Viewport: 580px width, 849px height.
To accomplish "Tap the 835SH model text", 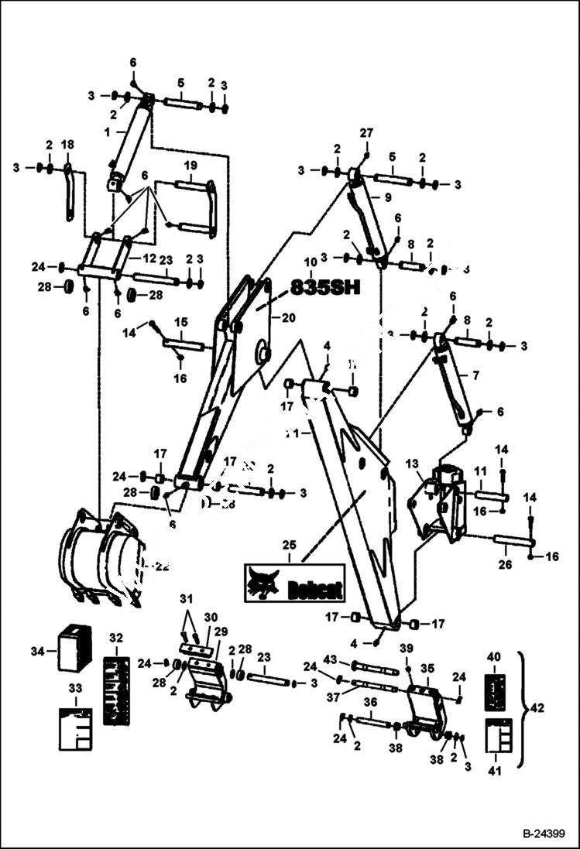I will pos(325,288).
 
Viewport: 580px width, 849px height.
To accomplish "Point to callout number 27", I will pos(366,134).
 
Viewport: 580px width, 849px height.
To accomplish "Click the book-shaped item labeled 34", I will pos(75,647).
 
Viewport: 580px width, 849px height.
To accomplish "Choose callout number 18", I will pos(68,145).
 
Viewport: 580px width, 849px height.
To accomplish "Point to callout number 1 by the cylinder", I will pos(108,132).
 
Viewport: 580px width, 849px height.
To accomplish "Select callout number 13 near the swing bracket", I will pos(412,463).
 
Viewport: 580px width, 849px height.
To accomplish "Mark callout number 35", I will pos(427,667).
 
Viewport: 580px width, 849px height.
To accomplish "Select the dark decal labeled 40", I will pos(495,690).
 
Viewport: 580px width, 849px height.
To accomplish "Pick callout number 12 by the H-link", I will pos(150,256).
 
